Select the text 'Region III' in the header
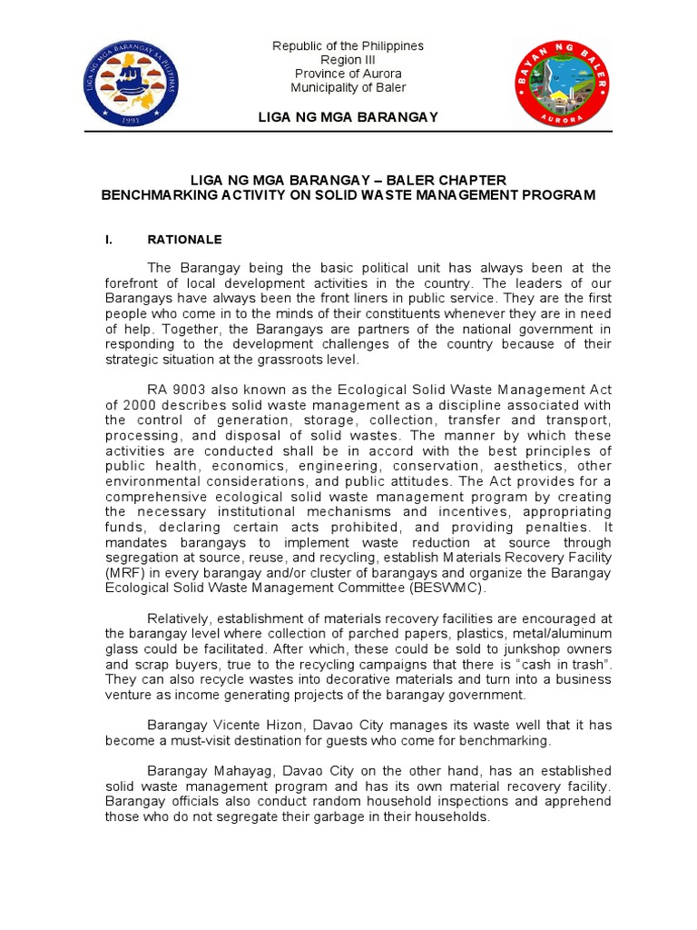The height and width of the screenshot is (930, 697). [348, 60]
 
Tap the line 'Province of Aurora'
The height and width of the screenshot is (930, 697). [348, 74]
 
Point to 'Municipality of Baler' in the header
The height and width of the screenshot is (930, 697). [348, 88]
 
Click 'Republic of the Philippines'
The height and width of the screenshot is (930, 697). [348, 46]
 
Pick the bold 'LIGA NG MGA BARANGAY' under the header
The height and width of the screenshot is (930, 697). [348, 116]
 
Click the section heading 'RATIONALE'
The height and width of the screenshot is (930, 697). [184, 241]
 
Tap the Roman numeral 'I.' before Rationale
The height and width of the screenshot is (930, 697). [110, 241]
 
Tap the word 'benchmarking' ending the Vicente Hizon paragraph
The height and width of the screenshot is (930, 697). [507, 741]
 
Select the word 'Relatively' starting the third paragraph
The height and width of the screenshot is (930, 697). [181, 619]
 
